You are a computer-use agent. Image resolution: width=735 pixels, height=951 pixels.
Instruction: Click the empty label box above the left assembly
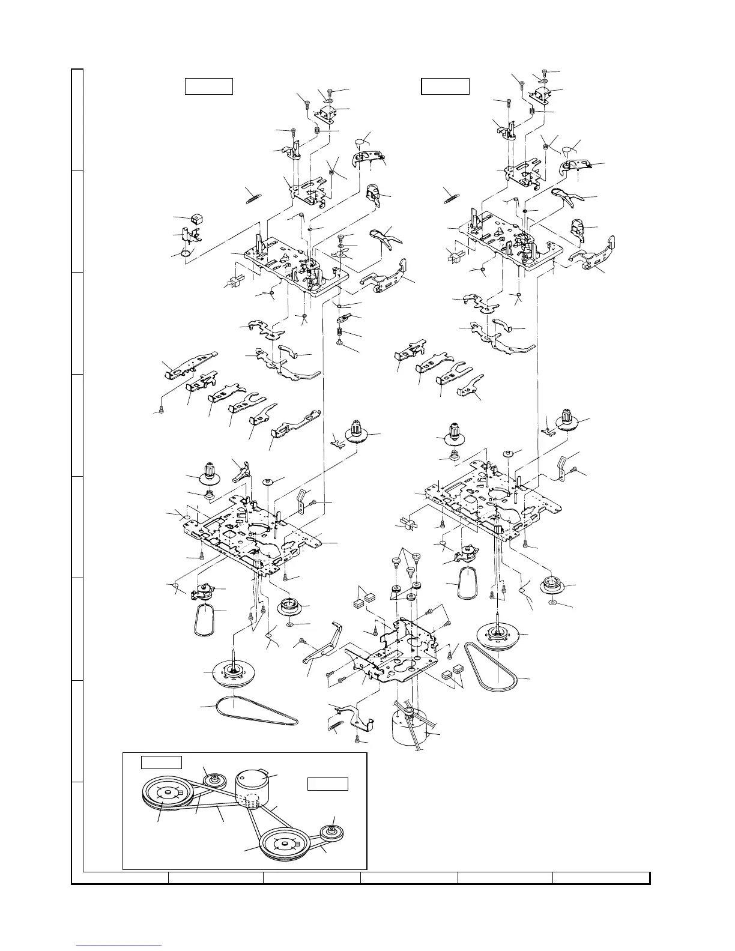[208, 86]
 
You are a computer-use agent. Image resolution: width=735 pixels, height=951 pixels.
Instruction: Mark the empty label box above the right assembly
[445, 86]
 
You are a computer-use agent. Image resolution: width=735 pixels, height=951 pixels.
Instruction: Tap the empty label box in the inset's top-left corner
[161, 762]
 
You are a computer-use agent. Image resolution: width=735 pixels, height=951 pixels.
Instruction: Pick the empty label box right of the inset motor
[328, 784]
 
